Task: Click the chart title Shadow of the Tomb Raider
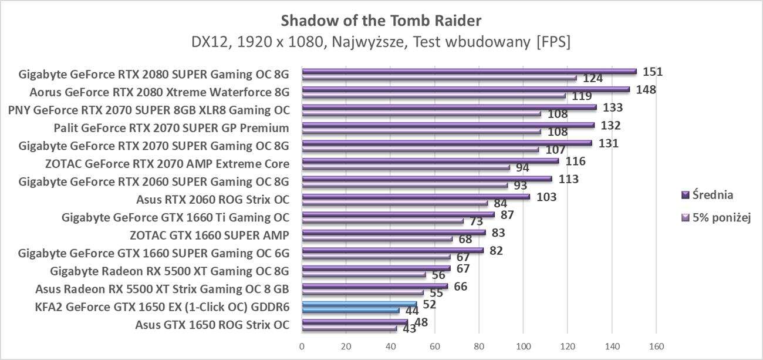pos(381,21)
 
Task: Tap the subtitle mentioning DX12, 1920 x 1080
pos(381,42)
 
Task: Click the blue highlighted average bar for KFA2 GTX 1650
pos(359,304)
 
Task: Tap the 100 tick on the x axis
pos(524,345)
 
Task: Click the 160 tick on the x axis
pos(656,345)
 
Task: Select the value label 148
pos(645,90)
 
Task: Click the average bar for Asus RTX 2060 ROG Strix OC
pos(416,197)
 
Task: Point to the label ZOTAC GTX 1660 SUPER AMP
pos(210,235)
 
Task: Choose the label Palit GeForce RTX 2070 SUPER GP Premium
pos(171,128)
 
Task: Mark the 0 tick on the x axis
pos(302,345)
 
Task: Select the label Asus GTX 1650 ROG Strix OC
pos(212,325)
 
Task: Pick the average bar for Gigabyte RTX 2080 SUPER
pos(469,72)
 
